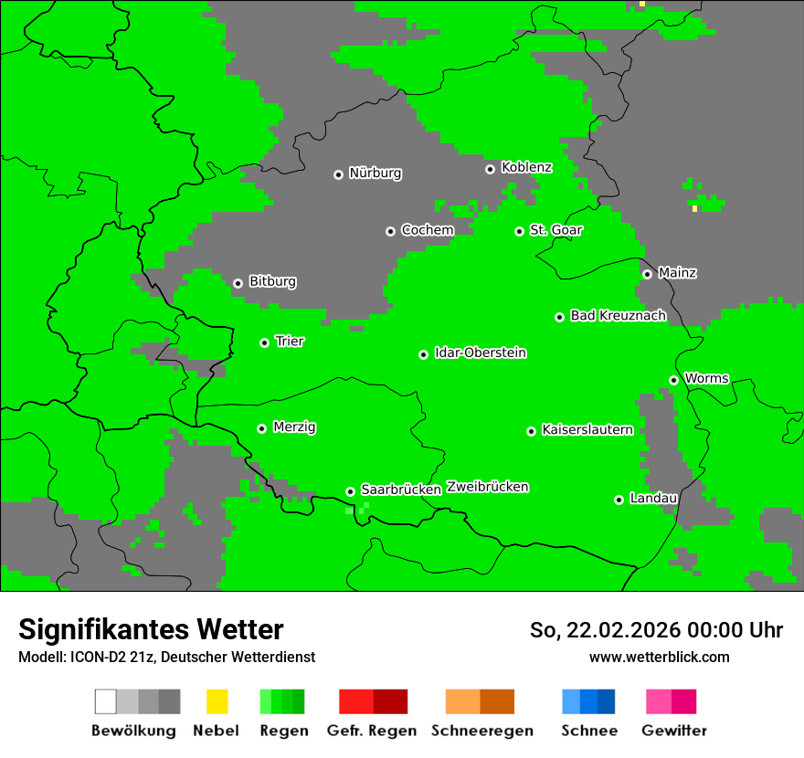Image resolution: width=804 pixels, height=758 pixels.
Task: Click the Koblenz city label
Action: click(526, 167)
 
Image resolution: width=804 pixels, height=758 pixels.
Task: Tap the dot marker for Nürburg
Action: click(338, 174)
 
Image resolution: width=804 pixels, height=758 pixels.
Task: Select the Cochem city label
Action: click(427, 230)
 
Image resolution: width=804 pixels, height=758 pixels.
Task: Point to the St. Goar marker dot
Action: click(519, 231)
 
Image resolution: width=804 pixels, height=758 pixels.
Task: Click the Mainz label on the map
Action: click(677, 272)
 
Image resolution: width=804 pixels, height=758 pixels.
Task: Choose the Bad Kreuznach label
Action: click(618, 315)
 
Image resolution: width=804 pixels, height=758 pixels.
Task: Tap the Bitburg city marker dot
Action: click(238, 283)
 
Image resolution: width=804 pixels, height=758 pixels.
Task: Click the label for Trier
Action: click(290, 341)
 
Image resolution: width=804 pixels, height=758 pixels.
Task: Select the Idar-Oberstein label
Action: click(480, 353)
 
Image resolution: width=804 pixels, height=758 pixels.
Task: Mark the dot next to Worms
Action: click(673, 380)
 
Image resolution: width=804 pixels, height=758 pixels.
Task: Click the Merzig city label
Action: click(294, 426)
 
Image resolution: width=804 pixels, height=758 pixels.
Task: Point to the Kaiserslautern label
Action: click(587, 429)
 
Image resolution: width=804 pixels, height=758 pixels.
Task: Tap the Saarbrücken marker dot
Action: click(350, 491)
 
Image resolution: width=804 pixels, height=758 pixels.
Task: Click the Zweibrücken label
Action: click(487, 487)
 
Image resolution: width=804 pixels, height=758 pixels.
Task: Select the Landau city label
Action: click(653, 498)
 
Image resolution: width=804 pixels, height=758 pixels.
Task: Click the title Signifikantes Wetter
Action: click(151, 629)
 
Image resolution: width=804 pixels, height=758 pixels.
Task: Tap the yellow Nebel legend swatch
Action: click(217, 701)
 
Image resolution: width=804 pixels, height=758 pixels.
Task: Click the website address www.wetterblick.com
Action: click(659, 657)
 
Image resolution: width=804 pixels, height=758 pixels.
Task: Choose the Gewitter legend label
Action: click(673, 731)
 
